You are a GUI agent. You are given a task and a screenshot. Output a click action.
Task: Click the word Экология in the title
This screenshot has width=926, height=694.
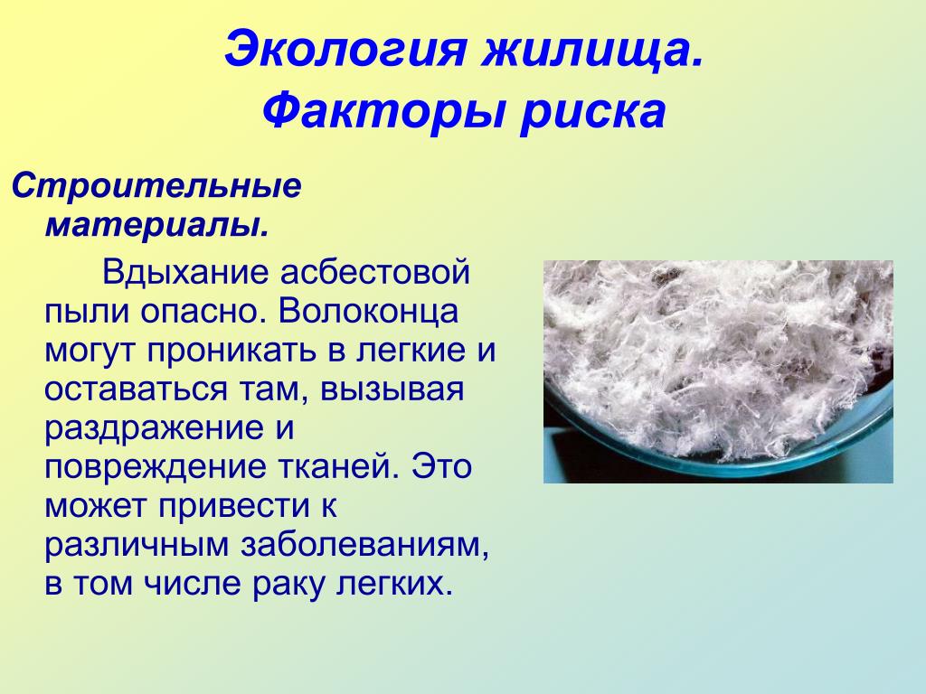[347, 51]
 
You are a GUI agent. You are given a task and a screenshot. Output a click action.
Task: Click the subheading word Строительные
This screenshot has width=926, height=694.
[157, 187]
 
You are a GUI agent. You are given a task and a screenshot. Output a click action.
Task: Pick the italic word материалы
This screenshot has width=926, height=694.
[157, 224]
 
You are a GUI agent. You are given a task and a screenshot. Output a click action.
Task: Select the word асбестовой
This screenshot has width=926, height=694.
[375, 273]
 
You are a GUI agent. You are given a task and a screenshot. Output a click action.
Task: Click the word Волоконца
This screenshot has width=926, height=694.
[368, 312]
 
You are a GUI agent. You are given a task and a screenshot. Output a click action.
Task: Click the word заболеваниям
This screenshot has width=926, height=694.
[365, 546]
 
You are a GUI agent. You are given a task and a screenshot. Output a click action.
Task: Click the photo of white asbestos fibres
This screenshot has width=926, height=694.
[718, 371]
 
